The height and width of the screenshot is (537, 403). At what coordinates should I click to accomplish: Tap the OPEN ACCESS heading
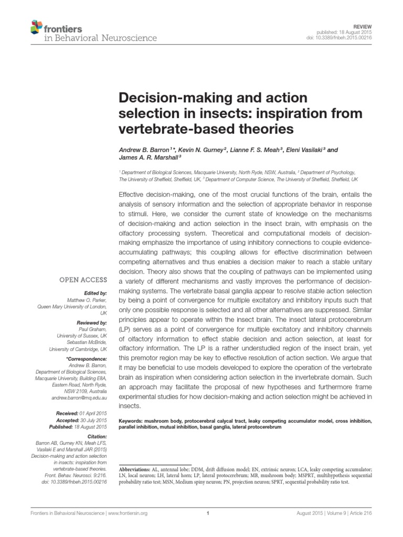pos(86,281)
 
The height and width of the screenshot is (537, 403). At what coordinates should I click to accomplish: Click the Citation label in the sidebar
pos(96,436)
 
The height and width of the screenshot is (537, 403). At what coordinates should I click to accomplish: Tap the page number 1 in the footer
pos(208,513)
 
